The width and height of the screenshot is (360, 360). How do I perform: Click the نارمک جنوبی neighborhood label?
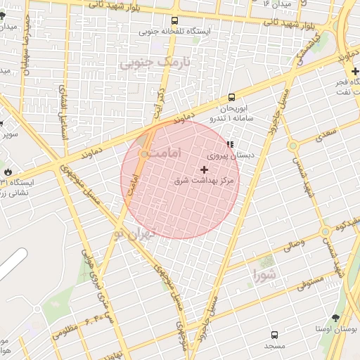pyautogui.click(x=147, y=63)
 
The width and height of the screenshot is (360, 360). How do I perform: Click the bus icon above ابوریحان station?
pyautogui.click(x=231, y=98)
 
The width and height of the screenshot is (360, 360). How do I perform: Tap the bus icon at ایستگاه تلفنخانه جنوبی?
pyautogui.click(x=175, y=20)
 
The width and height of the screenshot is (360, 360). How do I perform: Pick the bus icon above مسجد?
pyautogui.click(x=274, y=335)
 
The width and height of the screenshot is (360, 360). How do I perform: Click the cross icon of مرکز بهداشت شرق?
pyautogui.click(x=205, y=169)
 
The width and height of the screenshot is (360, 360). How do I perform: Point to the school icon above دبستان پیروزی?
pyautogui.click(x=230, y=143)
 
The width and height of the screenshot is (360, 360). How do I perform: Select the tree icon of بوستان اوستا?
pyautogui.click(x=335, y=318)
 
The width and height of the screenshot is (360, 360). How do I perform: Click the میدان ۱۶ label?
pyautogui.click(x=276, y=4)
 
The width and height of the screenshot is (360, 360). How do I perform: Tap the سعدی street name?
pyautogui.click(x=327, y=131)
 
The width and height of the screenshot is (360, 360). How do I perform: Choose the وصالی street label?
pyautogui.click(x=293, y=246)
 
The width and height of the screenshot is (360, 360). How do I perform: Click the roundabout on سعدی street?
pyautogui.click(x=292, y=146)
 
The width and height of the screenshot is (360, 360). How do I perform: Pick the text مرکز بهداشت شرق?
pyautogui.click(x=207, y=181)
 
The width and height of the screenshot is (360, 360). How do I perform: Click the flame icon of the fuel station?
pyautogui.click(x=8, y=171)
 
